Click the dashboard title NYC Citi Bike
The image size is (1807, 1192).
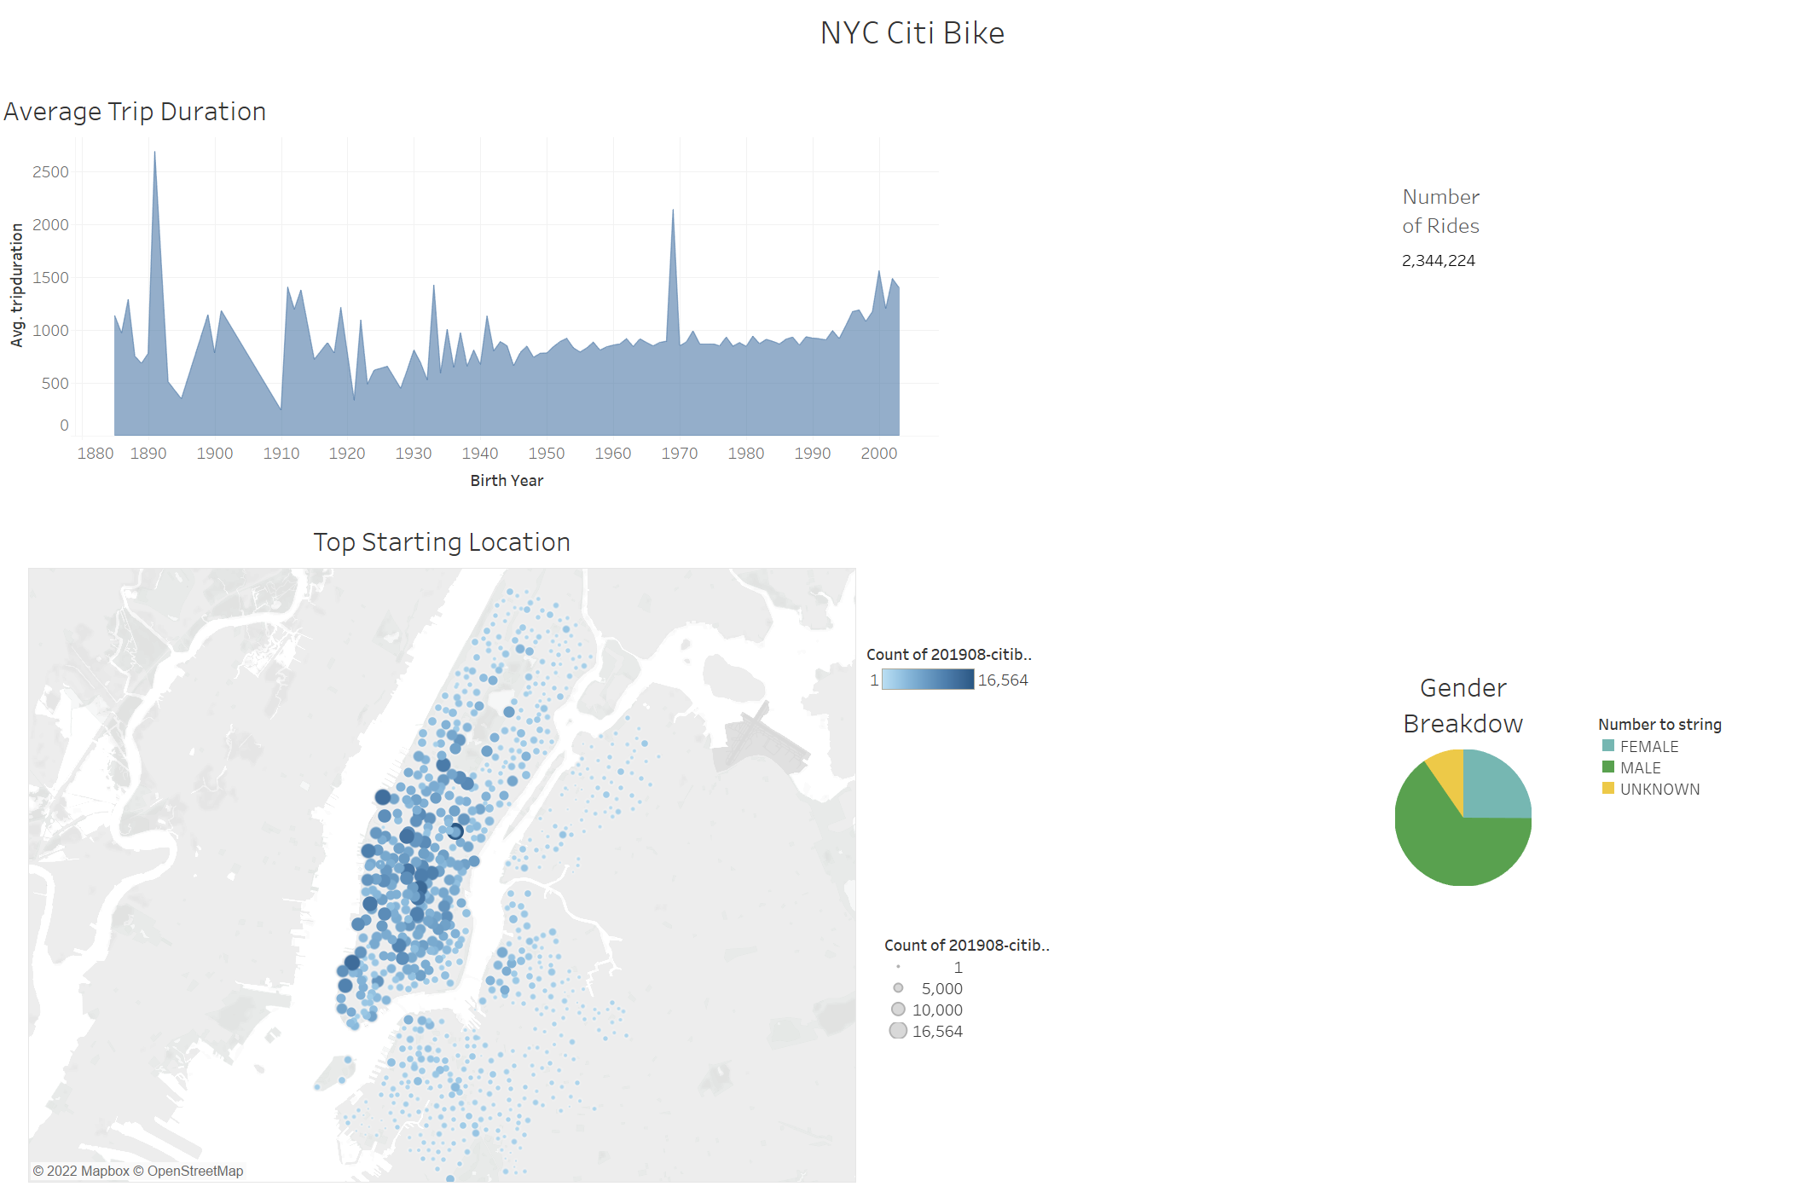pyautogui.click(x=912, y=33)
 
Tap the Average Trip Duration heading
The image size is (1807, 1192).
pyautogui.click(x=135, y=112)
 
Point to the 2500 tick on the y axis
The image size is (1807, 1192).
pyautogui.click(x=50, y=172)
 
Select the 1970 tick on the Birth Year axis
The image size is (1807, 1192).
pyautogui.click(x=679, y=454)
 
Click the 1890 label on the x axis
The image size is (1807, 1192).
pyautogui.click(x=148, y=454)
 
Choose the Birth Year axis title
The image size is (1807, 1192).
pyautogui.click(x=507, y=481)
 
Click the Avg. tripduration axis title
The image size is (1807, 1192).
pyautogui.click(x=17, y=285)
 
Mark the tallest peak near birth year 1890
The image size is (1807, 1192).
pyautogui.click(x=154, y=154)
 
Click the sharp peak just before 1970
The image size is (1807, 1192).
pyautogui.click(x=673, y=211)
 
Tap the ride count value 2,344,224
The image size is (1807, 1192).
pyautogui.click(x=1438, y=261)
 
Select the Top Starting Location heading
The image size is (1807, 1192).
pyautogui.click(x=442, y=542)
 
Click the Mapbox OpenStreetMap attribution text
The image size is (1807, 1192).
pyautogui.click(x=138, y=1171)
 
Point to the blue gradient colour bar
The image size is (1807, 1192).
pyautogui.click(x=928, y=680)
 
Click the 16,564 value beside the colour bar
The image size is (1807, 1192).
pyautogui.click(x=1003, y=680)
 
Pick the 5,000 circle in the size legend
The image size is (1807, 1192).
pyautogui.click(x=898, y=988)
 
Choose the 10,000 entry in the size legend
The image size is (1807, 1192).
pyautogui.click(x=936, y=1010)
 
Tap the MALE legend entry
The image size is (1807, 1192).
pyautogui.click(x=1640, y=768)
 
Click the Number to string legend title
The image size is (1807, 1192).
pyautogui.click(x=1659, y=725)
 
